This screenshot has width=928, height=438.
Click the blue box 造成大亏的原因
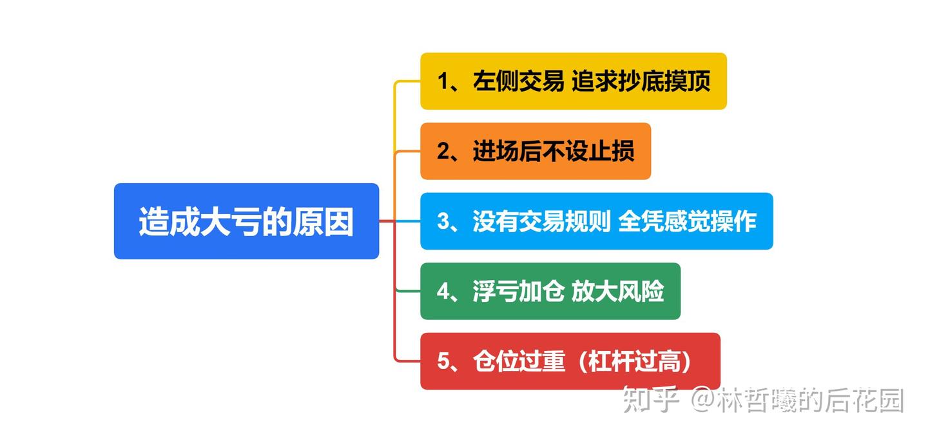point(246,221)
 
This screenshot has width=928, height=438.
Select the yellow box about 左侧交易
point(573,81)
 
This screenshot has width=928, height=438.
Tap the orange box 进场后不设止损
point(535,151)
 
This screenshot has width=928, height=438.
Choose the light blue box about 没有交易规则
point(596,221)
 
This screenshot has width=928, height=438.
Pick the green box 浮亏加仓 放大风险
point(550,291)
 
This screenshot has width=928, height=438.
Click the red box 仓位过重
point(570,361)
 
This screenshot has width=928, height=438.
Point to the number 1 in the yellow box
point(443,82)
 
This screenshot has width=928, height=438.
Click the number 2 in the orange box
point(443,152)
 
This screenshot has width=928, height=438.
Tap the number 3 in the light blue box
point(443,221)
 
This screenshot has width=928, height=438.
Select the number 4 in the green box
point(443,292)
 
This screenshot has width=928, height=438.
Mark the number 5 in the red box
point(443,361)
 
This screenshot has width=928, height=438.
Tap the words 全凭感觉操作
point(687,221)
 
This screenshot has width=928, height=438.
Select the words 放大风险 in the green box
point(617,292)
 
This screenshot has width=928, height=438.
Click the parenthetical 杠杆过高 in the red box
point(634,361)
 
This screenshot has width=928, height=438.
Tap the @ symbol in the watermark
point(702,401)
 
